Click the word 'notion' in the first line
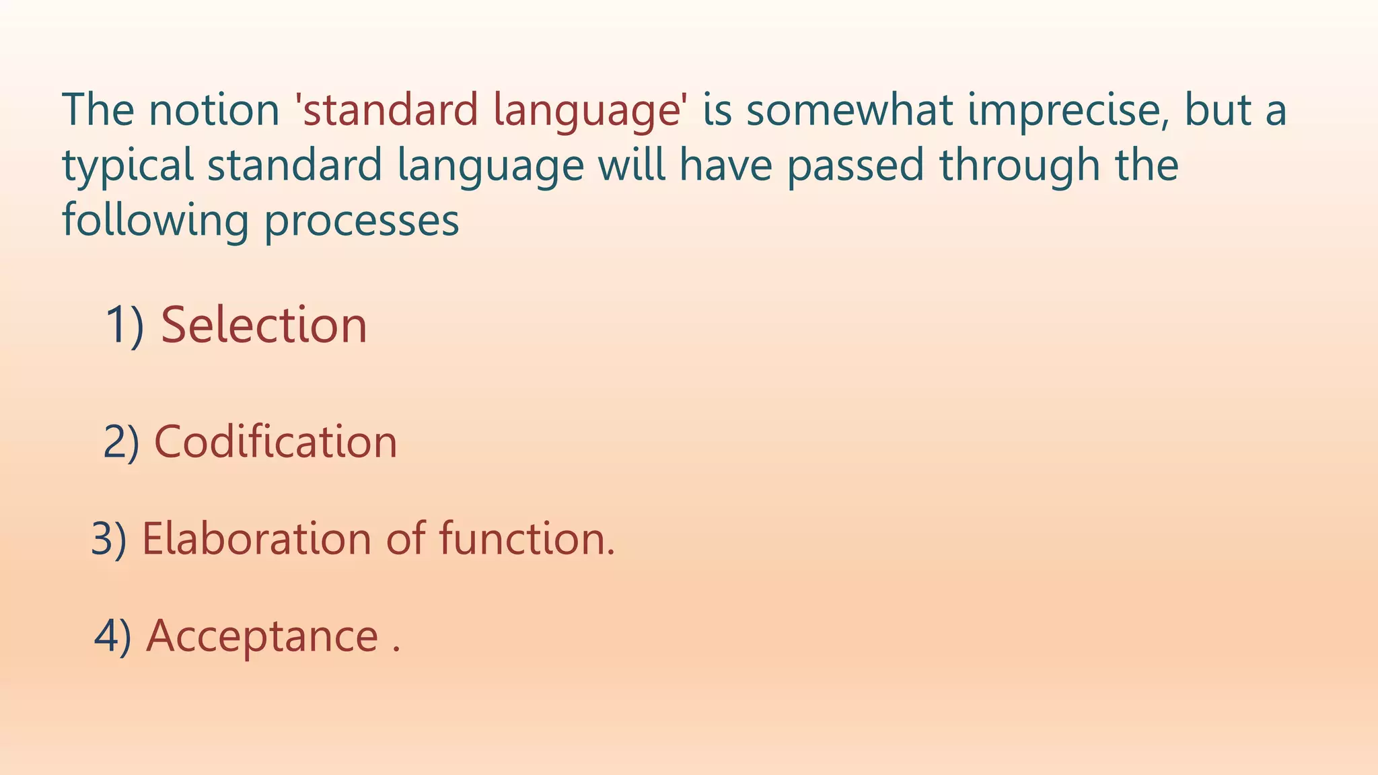point(213,110)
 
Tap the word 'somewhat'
point(849,110)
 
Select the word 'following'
point(155,221)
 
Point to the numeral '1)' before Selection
point(124,326)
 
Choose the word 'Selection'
point(264,325)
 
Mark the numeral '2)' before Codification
point(121,443)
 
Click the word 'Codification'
point(276,442)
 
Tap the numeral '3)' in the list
point(108,540)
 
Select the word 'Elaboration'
point(256,539)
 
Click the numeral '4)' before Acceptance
point(112,636)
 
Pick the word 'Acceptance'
point(262,637)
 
